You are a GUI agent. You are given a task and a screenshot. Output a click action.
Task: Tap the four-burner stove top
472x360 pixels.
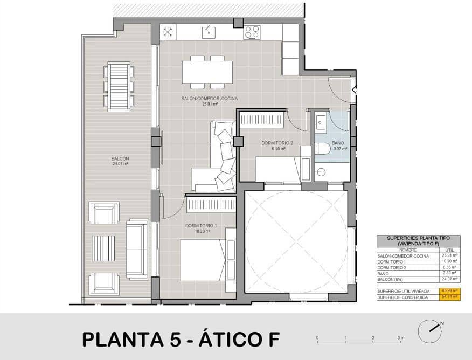(252, 32)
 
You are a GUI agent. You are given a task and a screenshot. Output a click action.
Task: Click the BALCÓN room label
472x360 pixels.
(120, 159)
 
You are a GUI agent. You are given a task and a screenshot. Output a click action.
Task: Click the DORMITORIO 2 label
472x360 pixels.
(277, 143)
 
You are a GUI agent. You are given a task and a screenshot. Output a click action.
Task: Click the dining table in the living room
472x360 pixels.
(207, 72)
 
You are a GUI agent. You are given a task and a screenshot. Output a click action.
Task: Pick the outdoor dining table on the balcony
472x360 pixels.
(119, 87)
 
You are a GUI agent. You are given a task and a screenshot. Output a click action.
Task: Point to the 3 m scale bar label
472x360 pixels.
(400, 337)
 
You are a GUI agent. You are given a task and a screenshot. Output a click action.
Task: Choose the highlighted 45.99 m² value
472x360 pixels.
(448, 290)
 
